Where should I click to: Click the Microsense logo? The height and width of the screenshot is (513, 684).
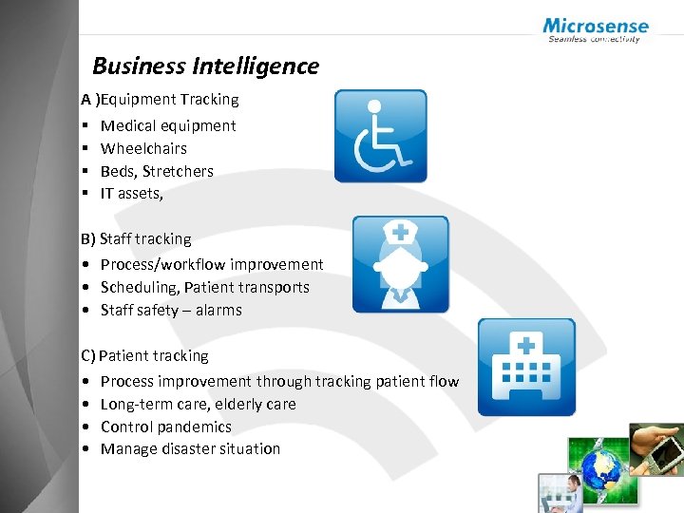click(596, 29)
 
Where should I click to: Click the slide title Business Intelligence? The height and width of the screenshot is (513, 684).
click(205, 66)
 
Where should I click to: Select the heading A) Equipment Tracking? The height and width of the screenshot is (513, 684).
click(160, 99)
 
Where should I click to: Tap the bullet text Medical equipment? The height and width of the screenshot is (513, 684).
click(168, 125)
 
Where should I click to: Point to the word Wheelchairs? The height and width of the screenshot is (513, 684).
click(143, 148)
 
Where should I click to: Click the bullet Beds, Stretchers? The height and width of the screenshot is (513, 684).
click(157, 171)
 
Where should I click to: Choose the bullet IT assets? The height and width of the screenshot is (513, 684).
click(131, 194)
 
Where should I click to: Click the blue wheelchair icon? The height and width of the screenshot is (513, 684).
click(380, 136)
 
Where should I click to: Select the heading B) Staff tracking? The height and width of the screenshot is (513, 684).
click(136, 239)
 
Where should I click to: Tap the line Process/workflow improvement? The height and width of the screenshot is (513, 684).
click(212, 264)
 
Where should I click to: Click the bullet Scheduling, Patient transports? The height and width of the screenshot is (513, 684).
click(204, 287)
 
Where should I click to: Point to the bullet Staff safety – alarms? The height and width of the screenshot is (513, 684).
click(171, 310)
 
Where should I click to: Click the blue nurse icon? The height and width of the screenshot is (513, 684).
click(400, 264)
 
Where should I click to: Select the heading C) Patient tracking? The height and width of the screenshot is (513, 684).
click(144, 356)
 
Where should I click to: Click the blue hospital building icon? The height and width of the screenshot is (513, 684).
click(525, 367)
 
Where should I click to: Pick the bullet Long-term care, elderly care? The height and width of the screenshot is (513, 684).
click(198, 404)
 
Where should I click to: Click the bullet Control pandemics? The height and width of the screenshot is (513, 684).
click(165, 427)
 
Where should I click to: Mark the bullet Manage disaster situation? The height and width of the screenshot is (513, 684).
click(190, 448)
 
